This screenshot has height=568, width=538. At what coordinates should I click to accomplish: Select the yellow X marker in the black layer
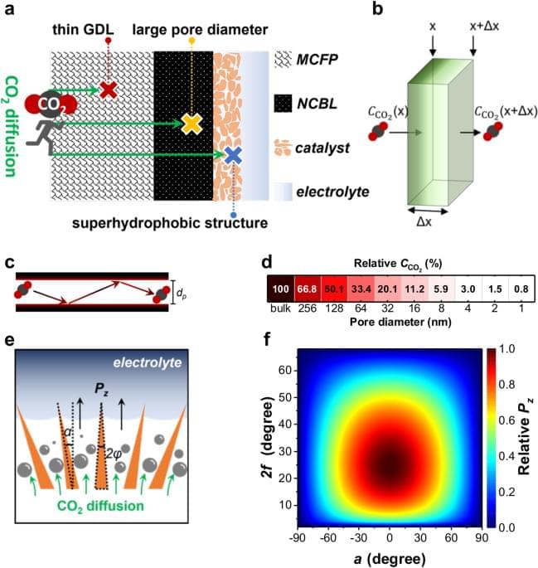[x=191, y=123]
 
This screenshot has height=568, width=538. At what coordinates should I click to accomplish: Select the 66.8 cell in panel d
[x=308, y=290]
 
